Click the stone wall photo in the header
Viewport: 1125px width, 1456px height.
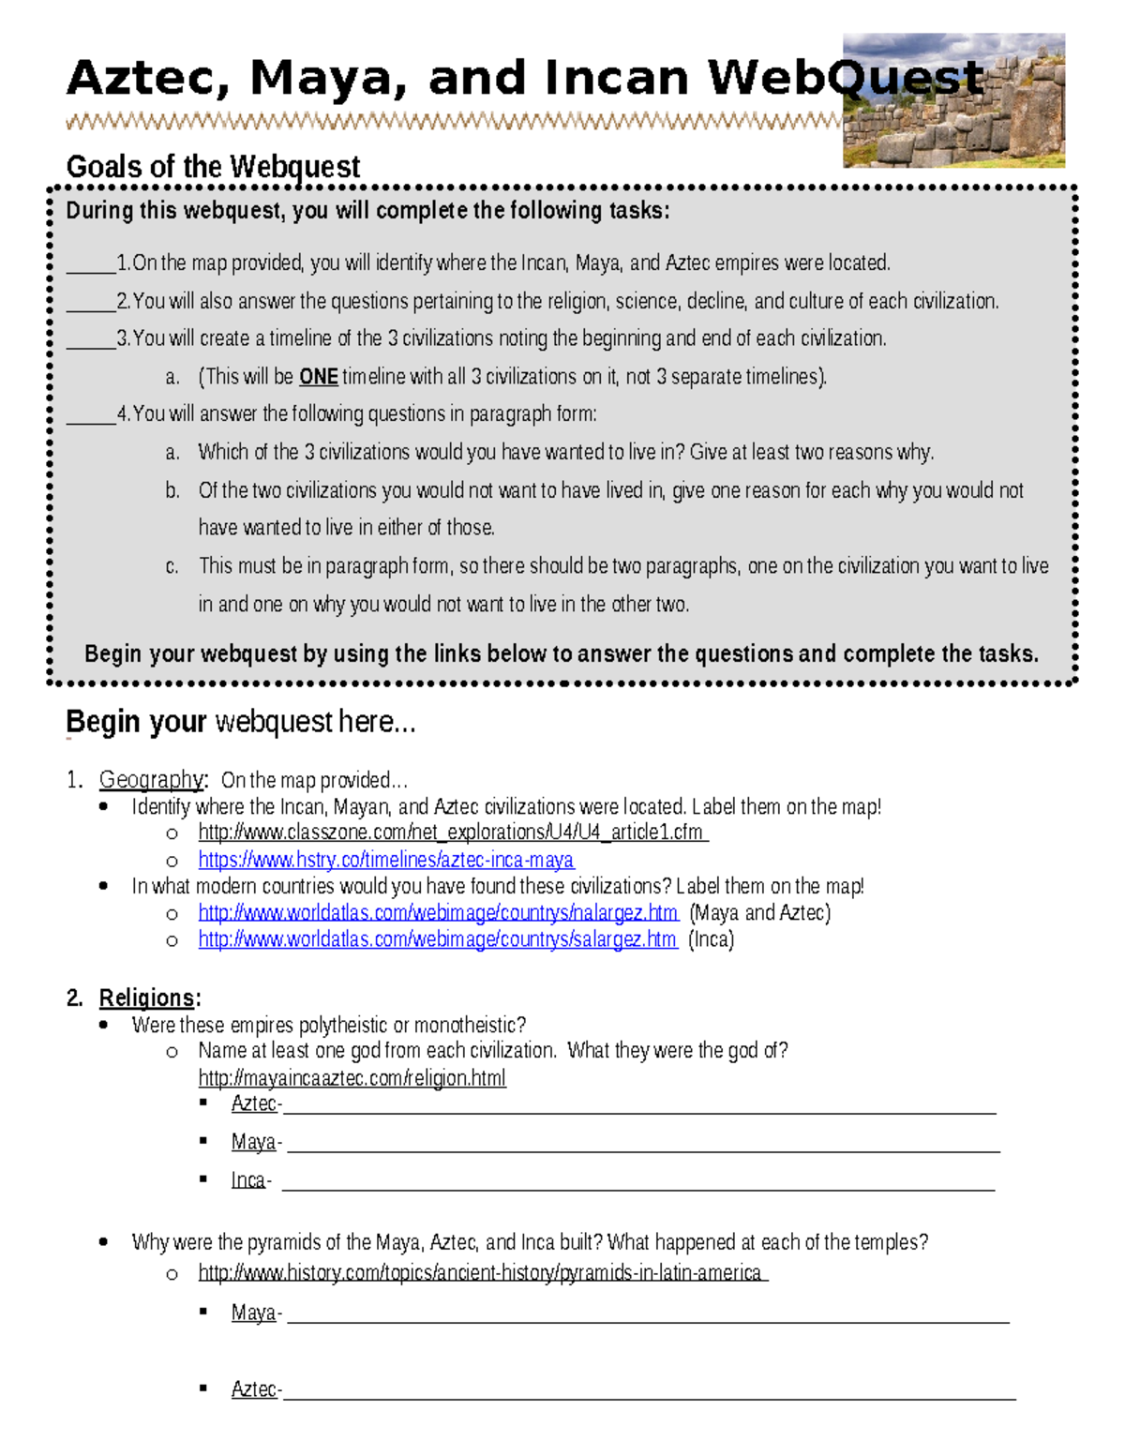pos(953,100)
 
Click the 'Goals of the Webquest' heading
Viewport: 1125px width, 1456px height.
pos(213,167)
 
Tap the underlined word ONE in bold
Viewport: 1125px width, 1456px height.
pos(318,377)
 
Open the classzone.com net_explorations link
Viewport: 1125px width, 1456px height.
pos(453,833)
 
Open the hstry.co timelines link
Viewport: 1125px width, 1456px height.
pos(385,860)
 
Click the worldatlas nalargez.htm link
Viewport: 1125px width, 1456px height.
pos(438,913)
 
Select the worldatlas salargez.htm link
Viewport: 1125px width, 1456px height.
pos(437,939)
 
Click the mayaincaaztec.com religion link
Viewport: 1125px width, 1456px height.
pos(352,1078)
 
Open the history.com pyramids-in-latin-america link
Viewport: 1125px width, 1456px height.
pos(482,1272)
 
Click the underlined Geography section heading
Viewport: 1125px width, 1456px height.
pos(151,779)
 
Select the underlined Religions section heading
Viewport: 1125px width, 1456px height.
pos(147,998)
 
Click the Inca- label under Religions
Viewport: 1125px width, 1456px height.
pos(249,1180)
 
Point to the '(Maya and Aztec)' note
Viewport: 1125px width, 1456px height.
pos(759,913)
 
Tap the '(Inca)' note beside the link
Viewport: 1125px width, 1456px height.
pos(711,939)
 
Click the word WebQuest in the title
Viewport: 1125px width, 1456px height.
pos(845,78)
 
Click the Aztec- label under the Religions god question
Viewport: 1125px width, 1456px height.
pos(255,1104)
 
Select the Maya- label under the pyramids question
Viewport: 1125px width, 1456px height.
pos(255,1313)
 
